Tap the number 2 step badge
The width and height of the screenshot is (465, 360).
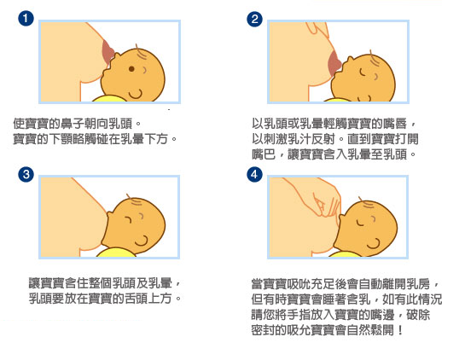[x=253, y=18]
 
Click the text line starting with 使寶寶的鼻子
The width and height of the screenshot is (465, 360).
[x=76, y=122]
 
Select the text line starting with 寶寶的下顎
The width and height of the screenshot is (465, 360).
[x=94, y=137]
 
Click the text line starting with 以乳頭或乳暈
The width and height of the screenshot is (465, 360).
[x=334, y=123]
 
